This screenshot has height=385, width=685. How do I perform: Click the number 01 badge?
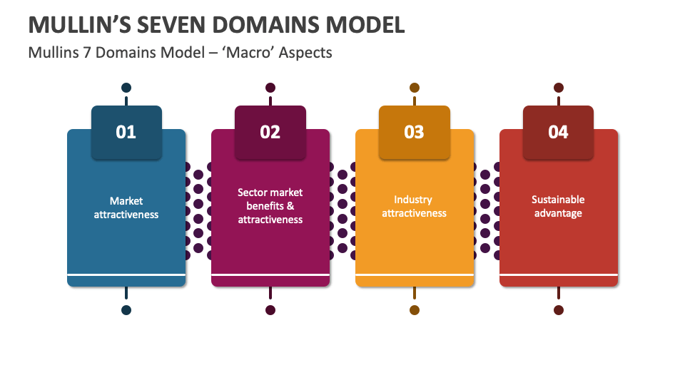(126, 132)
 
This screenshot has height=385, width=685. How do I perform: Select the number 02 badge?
(270, 132)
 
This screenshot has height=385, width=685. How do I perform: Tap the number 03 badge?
(415, 132)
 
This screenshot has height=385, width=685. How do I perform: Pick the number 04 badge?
(559, 132)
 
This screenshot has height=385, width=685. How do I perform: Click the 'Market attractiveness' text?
(126, 207)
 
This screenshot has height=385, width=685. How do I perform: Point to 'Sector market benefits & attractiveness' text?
(270, 206)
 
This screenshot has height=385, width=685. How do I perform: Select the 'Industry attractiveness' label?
(415, 207)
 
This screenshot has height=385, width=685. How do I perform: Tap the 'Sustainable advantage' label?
(559, 207)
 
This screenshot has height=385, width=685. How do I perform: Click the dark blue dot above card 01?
(126, 88)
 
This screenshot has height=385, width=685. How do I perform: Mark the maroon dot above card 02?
(270, 88)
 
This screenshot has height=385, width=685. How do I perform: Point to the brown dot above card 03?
(415, 88)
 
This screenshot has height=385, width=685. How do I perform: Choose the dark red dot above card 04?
(559, 88)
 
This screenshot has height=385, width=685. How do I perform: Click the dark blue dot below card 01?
(126, 310)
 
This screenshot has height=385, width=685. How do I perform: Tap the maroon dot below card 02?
(270, 310)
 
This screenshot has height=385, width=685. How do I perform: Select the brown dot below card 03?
(415, 310)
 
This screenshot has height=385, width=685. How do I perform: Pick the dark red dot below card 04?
(559, 310)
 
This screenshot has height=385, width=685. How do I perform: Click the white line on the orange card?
(415, 274)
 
